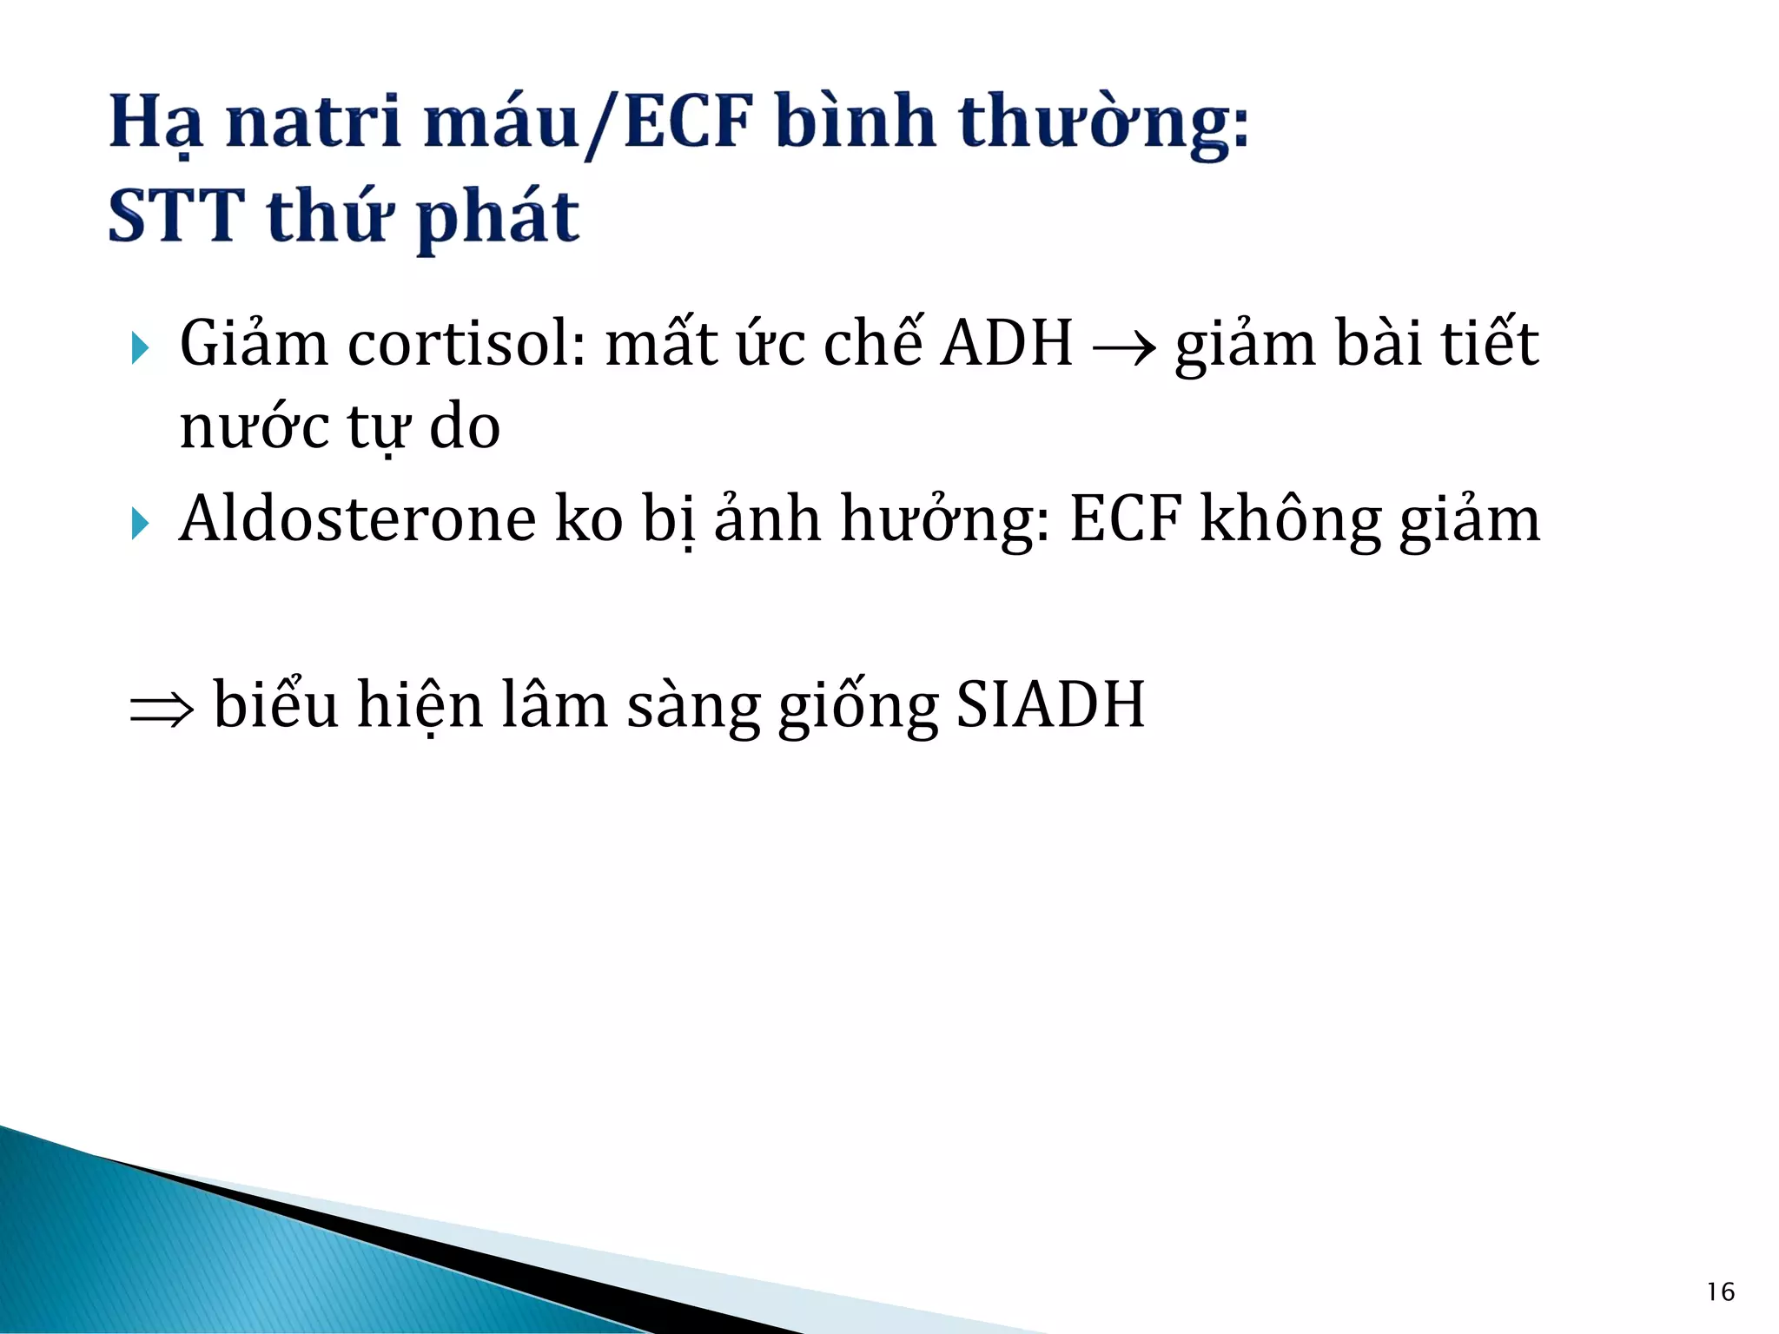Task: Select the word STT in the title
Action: tap(176, 216)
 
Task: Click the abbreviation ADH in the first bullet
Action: tap(1008, 344)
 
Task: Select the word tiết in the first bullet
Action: tap(1490, 344)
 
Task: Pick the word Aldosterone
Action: tap(357, 519)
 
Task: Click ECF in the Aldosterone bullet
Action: tap(1126, 519)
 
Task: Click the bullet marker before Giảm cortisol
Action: tap(140, 349)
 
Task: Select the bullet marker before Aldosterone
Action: tap(140, 524)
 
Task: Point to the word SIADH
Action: tap(1050, 704)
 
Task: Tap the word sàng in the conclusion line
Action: tap(692, 704)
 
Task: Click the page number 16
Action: tap(1720, 1292)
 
